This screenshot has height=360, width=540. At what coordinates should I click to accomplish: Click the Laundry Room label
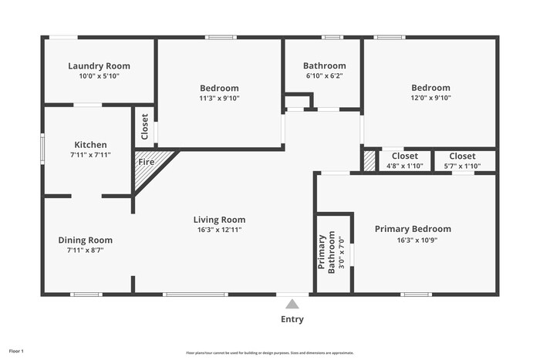(x=99, y=66)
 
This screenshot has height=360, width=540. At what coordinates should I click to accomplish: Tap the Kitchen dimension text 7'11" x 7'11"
(x=90, y=155)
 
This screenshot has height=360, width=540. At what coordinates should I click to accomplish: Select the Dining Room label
(x=85, y=240)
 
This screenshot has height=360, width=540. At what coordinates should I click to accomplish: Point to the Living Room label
(x=219, y=220)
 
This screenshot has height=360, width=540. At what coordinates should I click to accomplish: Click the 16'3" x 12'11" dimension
(x=219, y=230)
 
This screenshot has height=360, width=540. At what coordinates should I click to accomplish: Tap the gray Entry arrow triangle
(x=292, y=304)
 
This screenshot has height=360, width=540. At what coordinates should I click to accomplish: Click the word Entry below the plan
(x=292, y=319)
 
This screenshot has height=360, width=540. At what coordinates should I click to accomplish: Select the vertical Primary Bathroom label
(x=328, y=252)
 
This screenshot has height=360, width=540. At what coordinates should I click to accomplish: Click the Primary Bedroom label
(x=413, y=229)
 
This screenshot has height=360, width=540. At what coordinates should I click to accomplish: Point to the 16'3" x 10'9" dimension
(x=413, y=239)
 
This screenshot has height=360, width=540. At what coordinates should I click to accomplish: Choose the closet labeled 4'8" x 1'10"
(x=405, y=166)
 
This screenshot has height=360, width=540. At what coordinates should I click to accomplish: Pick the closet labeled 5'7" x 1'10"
(x=462, y=166)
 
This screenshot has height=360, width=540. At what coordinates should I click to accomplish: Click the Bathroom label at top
(x=324, y=66)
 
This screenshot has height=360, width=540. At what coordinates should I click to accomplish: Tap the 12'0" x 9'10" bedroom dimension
(x=430, y=98)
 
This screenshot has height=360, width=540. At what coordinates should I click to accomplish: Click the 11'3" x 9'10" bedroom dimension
(x=219, y=98)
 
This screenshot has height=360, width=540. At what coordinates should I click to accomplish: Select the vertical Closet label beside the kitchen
(x=144, y=126)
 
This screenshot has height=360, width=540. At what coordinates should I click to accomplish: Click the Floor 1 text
(x=16, y=352)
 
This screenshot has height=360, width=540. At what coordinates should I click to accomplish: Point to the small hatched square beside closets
(x=370, y=161)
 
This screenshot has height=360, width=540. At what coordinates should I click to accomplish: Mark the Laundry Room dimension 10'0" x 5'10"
(x=99, y=76)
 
